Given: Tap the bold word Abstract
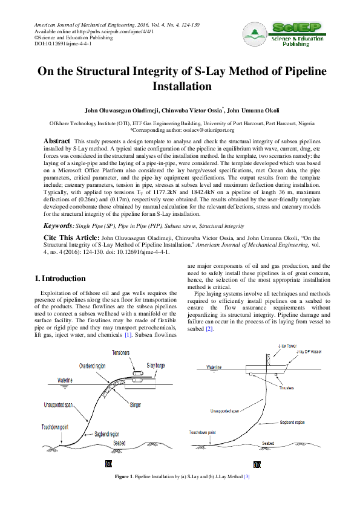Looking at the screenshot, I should [x=57, y=140].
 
